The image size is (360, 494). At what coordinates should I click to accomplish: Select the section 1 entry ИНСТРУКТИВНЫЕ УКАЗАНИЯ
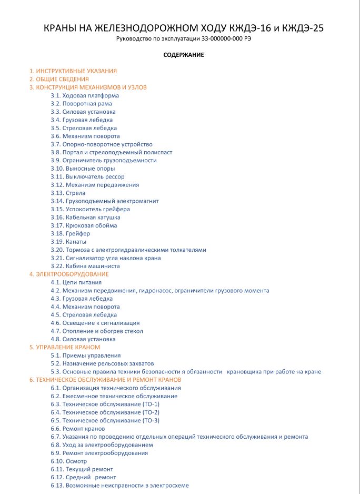[x=73, y=71]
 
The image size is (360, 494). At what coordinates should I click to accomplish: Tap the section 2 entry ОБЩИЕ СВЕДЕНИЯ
[x=59, y=79]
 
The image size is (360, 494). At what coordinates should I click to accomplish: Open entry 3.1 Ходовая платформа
[x=85, y=95]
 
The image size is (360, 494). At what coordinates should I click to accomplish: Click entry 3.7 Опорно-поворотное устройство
[x=102, y=144]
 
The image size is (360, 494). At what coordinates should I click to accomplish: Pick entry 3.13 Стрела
[x=68, y=193]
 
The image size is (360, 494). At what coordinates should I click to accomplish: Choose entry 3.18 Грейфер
[x=71, y=233]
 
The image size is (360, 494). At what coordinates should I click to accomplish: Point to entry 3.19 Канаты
[x=69, y=242]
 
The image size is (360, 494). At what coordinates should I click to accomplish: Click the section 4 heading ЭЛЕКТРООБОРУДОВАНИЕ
[x=69, y=274]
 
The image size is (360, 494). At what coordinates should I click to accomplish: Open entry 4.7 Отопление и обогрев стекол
[x=97, y=331]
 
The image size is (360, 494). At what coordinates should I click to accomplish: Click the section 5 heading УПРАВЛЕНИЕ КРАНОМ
[x=65, y=347]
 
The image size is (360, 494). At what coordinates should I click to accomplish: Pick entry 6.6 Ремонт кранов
[x=77, y=429]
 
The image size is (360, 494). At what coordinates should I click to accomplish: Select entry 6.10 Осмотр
[x=69, y=461]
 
